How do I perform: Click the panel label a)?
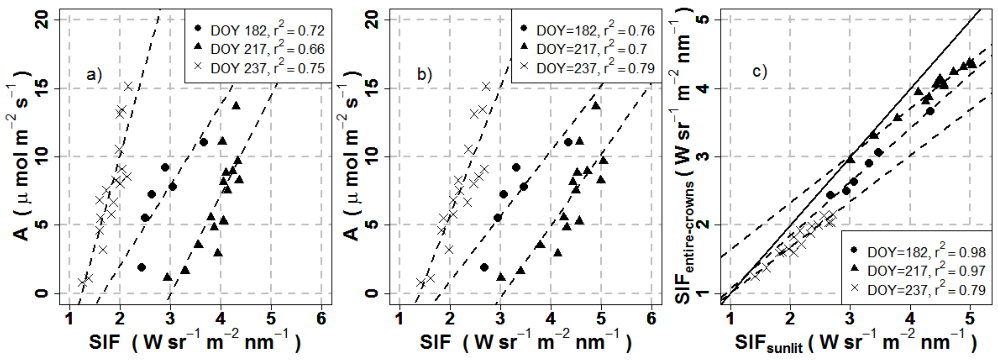tap(94, 74)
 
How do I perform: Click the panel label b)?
tap(424, 74)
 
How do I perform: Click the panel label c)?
tap(759, 71)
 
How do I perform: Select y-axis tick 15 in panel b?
tap(372, 88)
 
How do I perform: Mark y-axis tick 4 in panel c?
tap(703, 88)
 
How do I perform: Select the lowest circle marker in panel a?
tap(141, 267)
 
